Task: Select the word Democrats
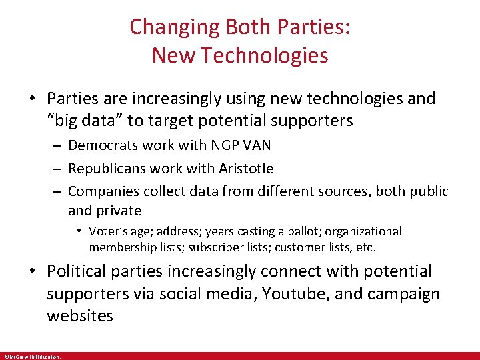pyautogui.click(x=103, y=145)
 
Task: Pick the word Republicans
pyautogui.click(x=107, y=169)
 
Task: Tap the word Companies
pyautogui.click(x=103, y=191)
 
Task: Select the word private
pyautogui.click(x=118, y=211)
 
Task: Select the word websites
pyautogui.click(x=80, y=315)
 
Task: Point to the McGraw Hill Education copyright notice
pyautogui.click(x=32, y=357)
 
